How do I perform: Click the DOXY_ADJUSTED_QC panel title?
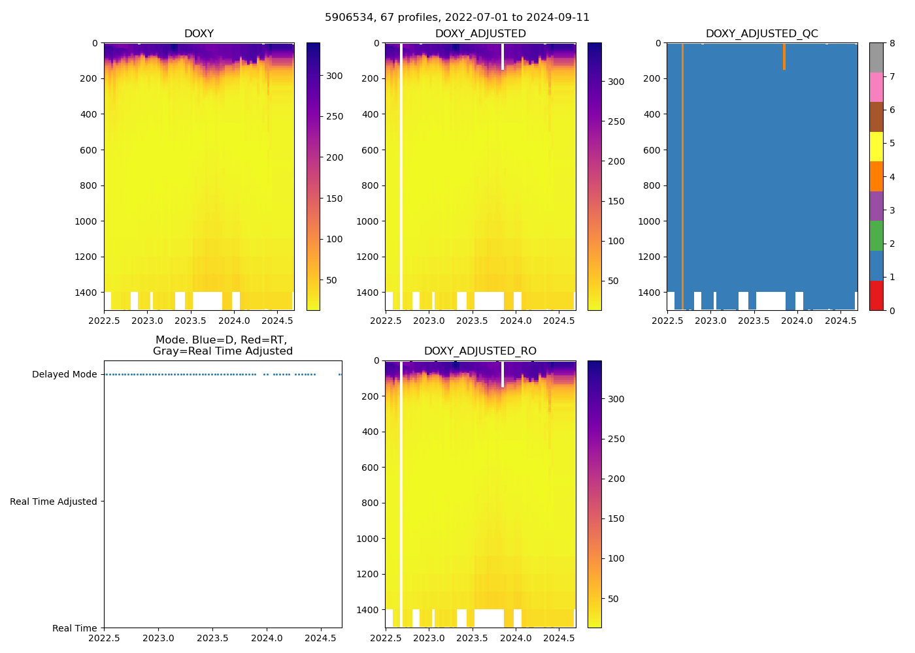[x=761, y=34]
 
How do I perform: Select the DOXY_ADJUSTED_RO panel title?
[x=480, y=351]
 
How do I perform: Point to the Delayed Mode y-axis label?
[x=64, y=375]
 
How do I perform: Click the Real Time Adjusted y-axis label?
[x=54, y=502]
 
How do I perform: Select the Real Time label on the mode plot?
[x=75, y=628]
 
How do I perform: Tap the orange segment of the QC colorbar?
[x=876, y=176]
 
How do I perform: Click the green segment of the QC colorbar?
[x=876, y=236]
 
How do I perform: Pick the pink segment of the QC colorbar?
[x=876, y=87]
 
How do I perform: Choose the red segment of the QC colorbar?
[x=876, y=295]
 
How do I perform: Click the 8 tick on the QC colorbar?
[x=892, y=43]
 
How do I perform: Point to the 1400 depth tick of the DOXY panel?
[x=86, y=293]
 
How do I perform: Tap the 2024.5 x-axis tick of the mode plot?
[x=320, y=639]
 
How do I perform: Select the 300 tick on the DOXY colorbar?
[x=334, y=76]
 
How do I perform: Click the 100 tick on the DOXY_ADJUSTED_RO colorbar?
[x=616, y=559]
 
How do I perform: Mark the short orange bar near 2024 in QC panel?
[x=784, y=57]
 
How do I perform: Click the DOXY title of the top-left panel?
[x=199, y=34]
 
